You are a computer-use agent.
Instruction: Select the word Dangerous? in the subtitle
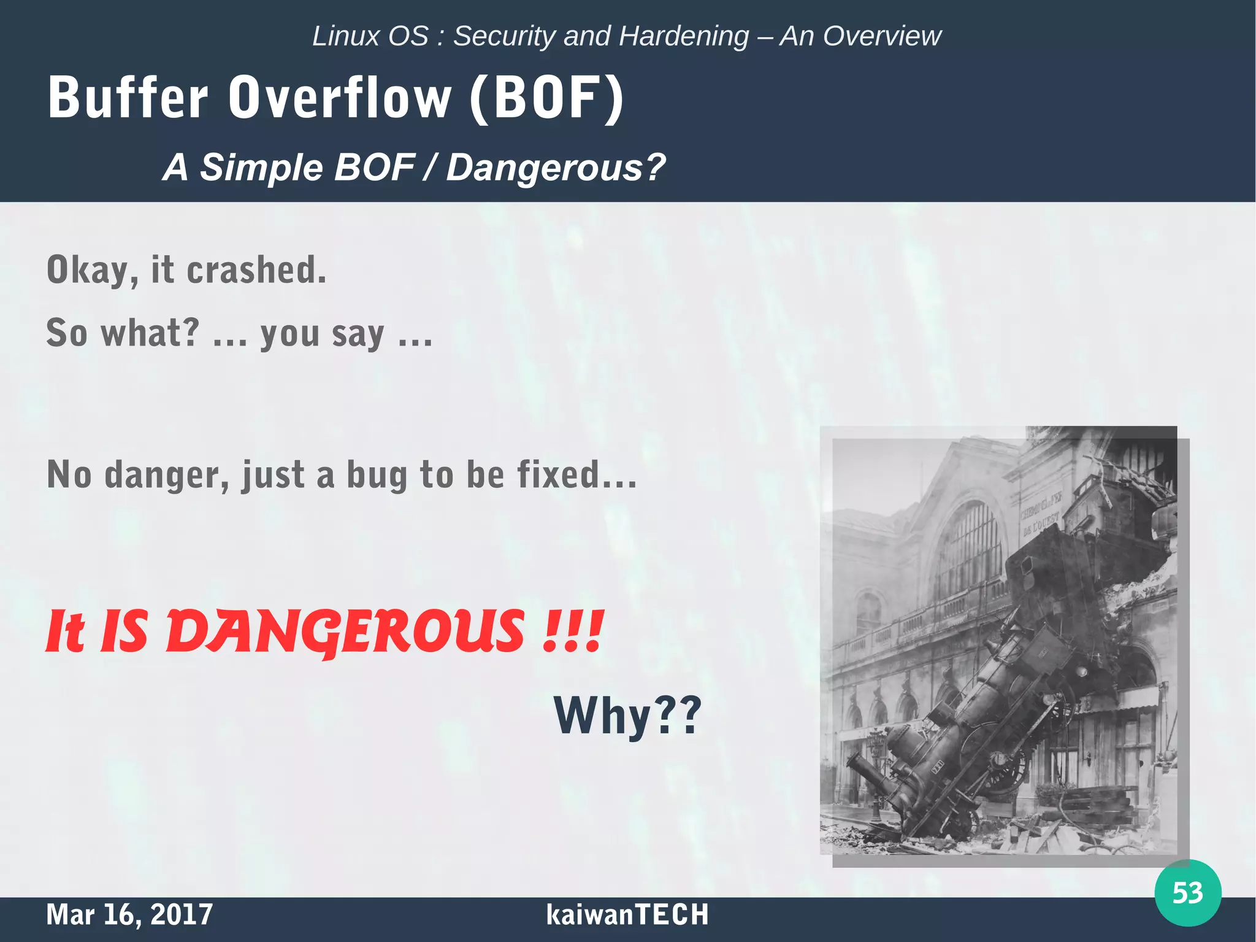click(556, 167)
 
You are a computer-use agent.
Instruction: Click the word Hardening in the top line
click(684, 36)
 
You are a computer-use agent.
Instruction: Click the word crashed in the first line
click(256, 270)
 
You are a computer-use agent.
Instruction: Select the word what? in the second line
click(150, 333)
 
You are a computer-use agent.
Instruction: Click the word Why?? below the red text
click(627, 716)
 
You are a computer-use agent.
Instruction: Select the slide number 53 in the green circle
click(1187, 893)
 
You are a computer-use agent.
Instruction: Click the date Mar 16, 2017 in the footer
click(129, 914)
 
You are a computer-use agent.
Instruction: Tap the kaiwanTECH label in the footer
click(627, 914)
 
